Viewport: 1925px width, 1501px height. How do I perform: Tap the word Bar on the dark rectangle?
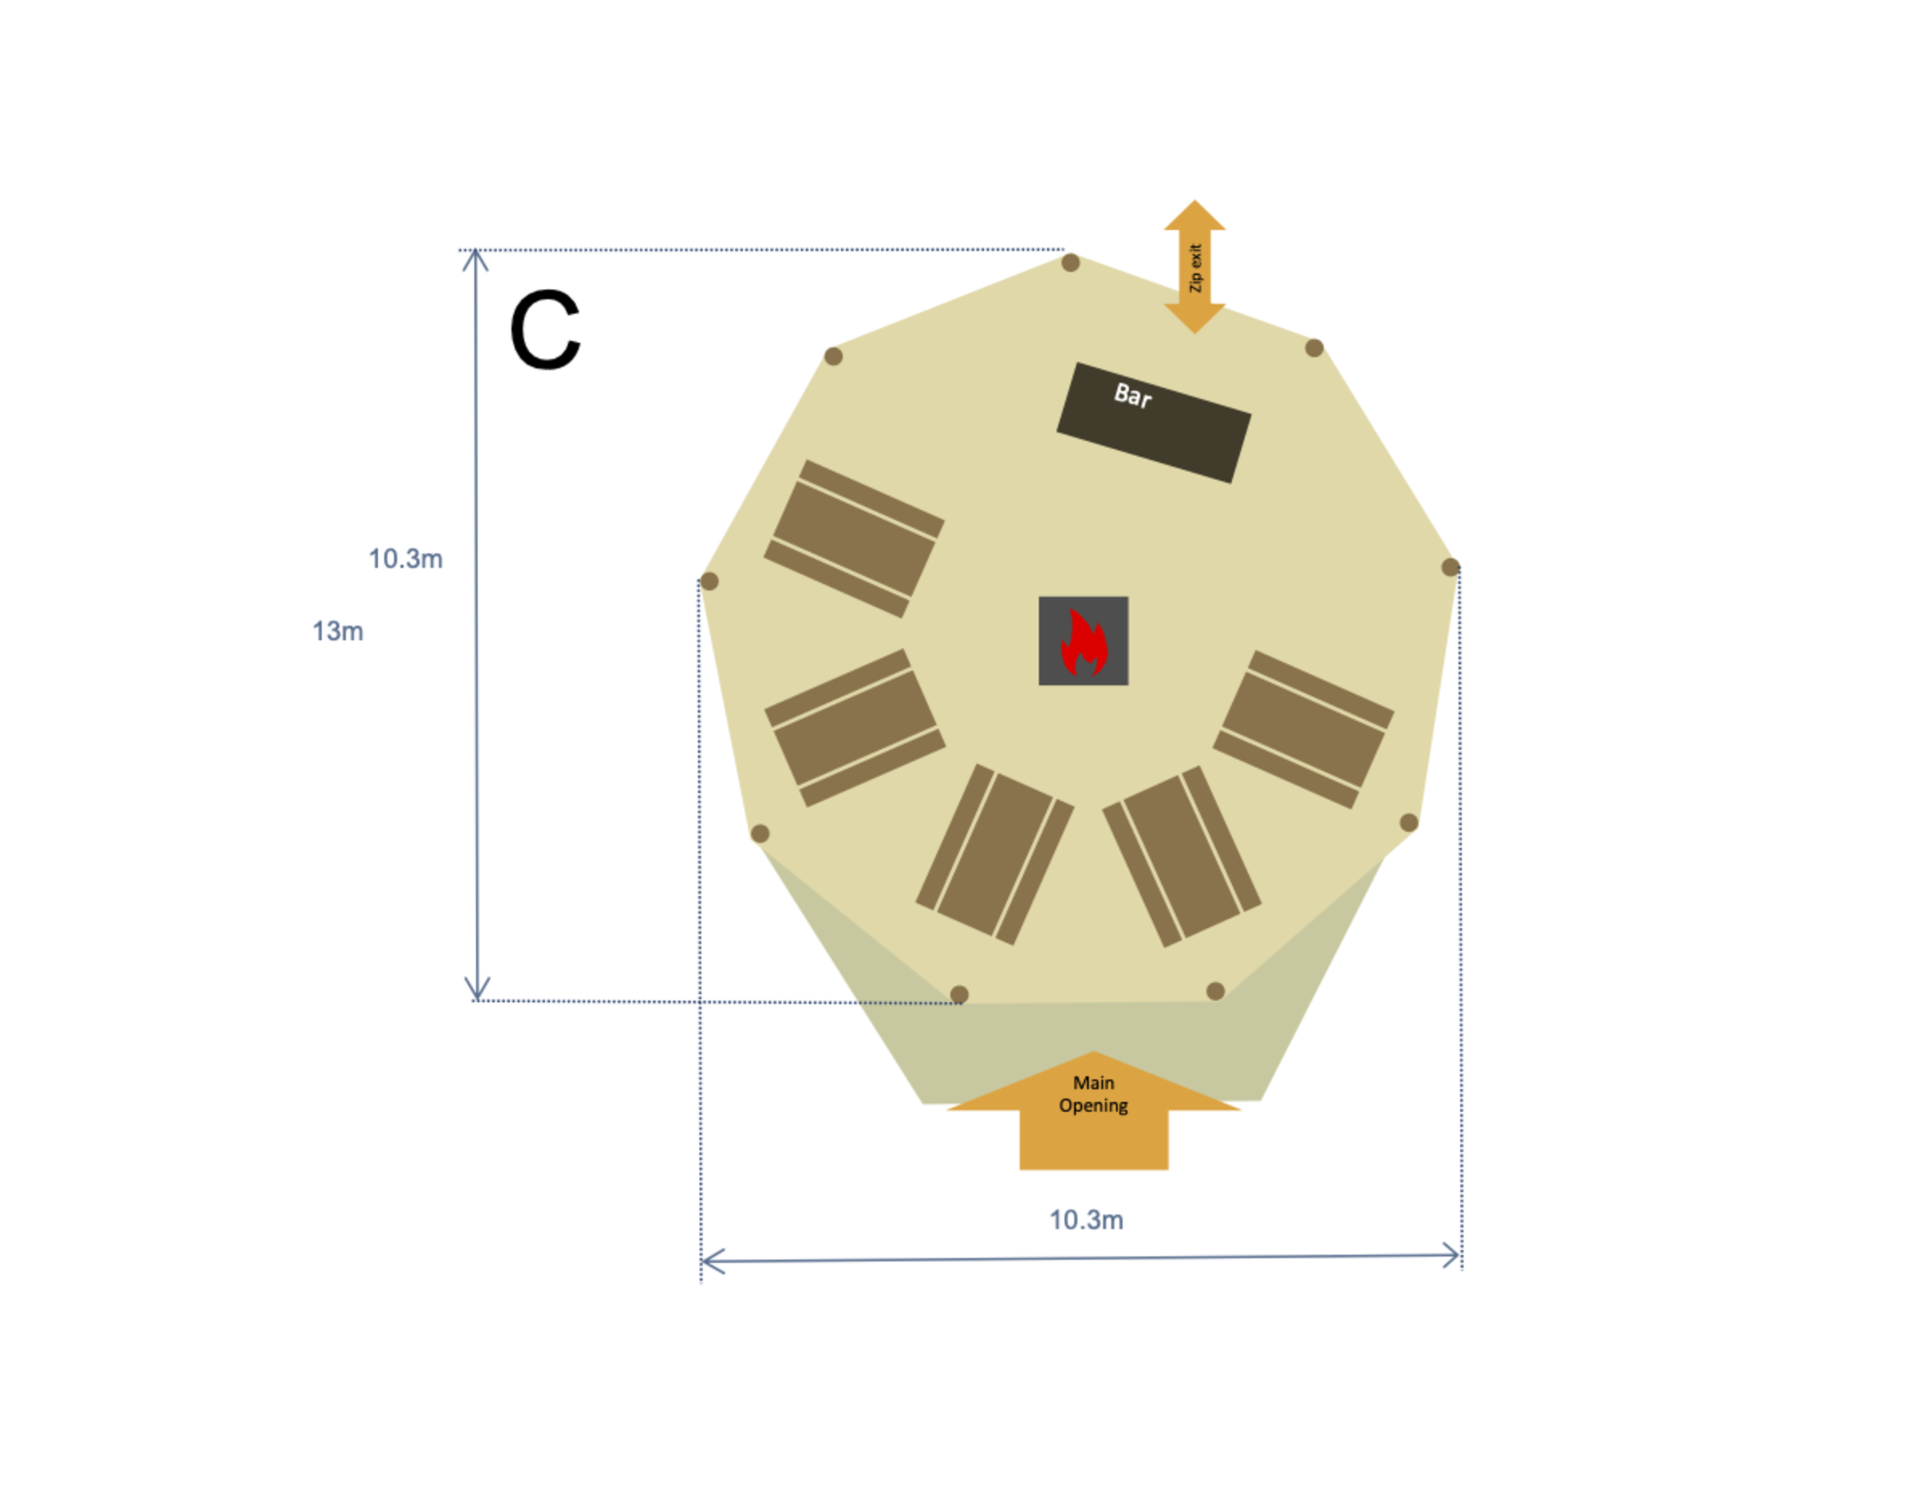[x=1133, y=396]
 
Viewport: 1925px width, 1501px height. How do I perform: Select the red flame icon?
[x=1083, y=642]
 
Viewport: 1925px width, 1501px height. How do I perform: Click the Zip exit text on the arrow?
[x=1195, y=268]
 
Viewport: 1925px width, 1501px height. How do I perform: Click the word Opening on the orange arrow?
[x=1094, y=1106]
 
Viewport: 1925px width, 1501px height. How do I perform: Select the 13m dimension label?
[x=337, y=631]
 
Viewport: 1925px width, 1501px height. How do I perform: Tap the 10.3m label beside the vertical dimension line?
[x=406, y=559]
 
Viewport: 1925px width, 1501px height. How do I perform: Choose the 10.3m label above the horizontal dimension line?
[x=1086, y=1220]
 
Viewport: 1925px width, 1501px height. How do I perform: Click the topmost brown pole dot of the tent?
[x=1071, y=263]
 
